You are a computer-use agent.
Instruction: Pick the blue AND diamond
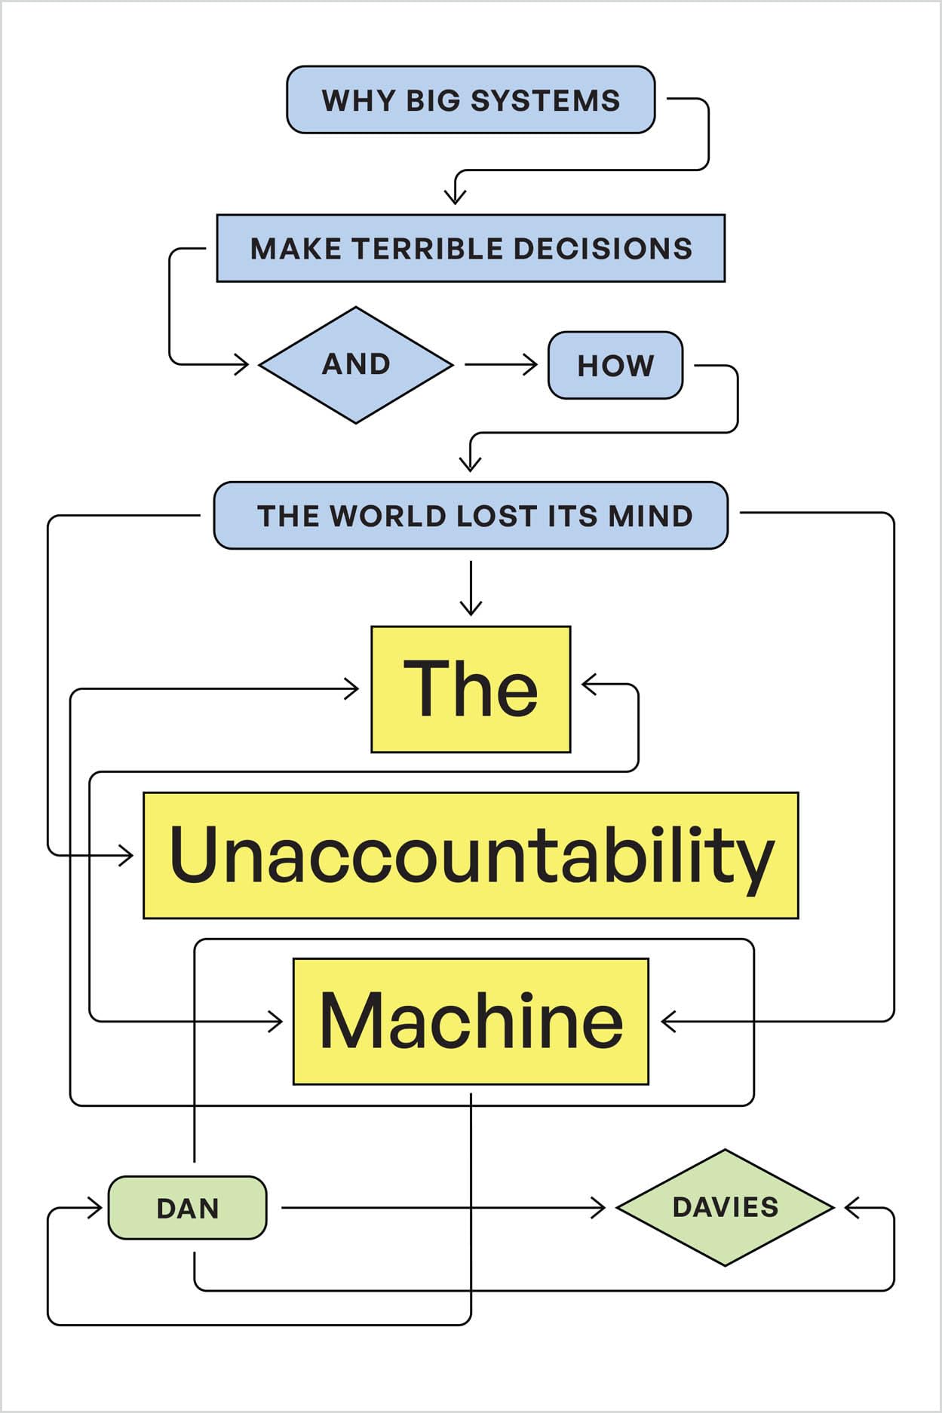356,365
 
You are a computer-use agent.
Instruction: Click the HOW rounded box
615,366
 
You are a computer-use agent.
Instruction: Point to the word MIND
650,516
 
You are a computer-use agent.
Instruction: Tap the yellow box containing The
471,689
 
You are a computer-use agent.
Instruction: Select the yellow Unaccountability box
471,855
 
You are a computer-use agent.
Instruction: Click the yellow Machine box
471,1022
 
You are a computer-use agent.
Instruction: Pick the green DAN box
188,1208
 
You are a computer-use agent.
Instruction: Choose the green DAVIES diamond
725,1207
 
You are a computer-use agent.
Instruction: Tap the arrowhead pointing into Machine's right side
667,1022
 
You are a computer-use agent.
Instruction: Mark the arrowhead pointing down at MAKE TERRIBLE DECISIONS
455,198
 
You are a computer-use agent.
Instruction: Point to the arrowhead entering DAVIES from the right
851,1208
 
